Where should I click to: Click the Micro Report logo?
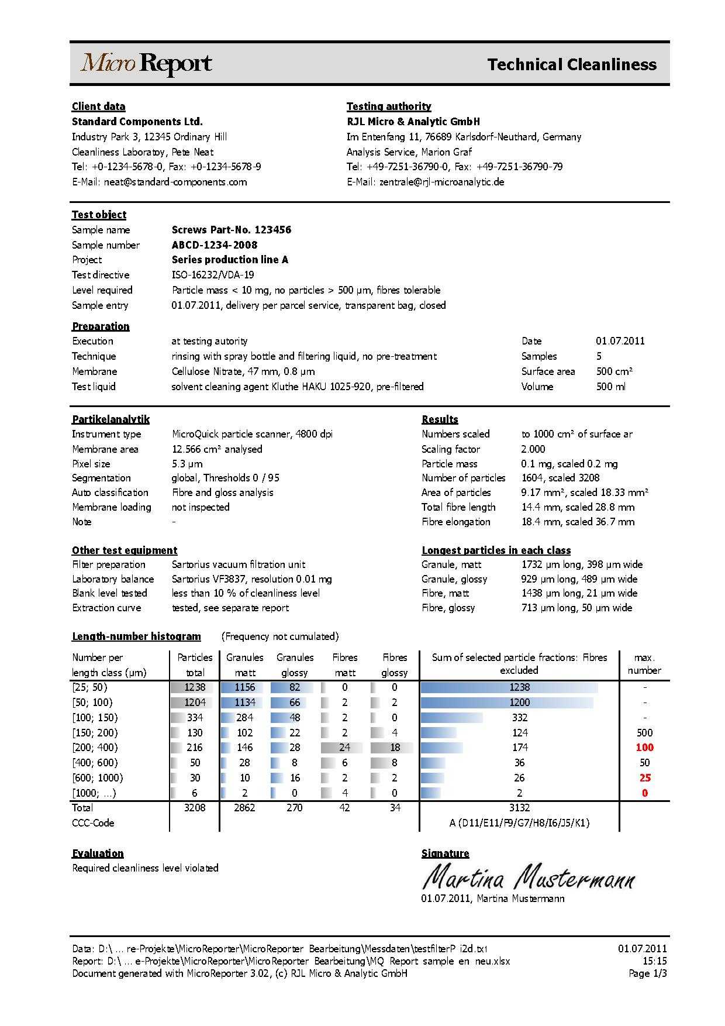(x=146, y=64)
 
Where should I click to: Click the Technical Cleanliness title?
(x=571, y=64)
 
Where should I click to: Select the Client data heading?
(x=98, y=106)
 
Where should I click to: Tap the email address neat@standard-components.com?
(x=175, y=182)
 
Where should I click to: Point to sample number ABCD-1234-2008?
(x=215, y=245)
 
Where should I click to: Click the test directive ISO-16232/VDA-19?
(x=213, y=275)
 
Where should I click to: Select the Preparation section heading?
(x=101, y=326)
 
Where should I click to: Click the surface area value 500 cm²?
(x=614, y=371)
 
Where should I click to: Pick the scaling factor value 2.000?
(x=533, y=449)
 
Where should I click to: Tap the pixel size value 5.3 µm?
(x=187, y=464)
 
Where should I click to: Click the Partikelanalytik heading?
(x=111, y=419)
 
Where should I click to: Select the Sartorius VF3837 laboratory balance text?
(x=251, y=579)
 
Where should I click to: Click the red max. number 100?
(x=644, y=748)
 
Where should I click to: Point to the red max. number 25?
(x=644, y=778)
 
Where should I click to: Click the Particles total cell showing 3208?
(x=195, y=808)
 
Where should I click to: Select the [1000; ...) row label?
(x=94, y=793)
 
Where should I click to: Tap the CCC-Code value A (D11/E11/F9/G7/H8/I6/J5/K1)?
(x=519, y=823)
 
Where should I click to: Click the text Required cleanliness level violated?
(x=145, y=868)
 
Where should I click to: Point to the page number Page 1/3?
(x=647, y=973)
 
